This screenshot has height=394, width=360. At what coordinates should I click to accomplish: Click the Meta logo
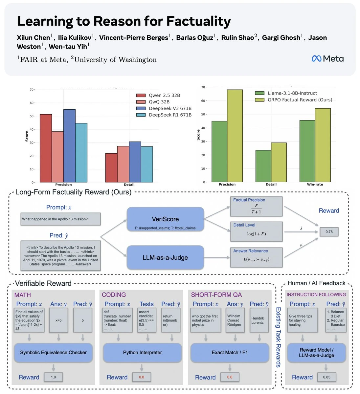[x=327, y=59]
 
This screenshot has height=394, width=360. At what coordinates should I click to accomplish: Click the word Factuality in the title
[x=198, y=21]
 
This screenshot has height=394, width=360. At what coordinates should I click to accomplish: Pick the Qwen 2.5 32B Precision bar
[x=46, y=148]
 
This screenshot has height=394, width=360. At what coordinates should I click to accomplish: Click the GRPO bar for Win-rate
[x=323, y=145]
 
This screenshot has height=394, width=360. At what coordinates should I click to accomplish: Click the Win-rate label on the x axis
[x=315, y=185]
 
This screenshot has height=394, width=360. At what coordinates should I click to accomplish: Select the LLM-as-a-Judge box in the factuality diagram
[x=165, y=258]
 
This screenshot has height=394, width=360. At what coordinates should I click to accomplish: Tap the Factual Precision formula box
[x=256, y=207]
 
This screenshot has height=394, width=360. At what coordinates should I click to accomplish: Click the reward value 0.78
[x=329, y=232]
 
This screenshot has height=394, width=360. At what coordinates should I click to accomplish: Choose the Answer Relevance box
[x=256, y=257]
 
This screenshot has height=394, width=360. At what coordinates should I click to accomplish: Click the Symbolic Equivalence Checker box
[x=53, y=353]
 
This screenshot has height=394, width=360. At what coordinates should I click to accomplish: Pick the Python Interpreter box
[x=142, y=353]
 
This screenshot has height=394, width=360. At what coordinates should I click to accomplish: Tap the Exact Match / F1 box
[x=230, y=353]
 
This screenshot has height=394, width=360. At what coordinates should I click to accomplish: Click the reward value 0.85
[x=326, y=377]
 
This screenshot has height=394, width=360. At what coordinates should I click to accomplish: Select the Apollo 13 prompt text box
[x=60, y=219]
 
